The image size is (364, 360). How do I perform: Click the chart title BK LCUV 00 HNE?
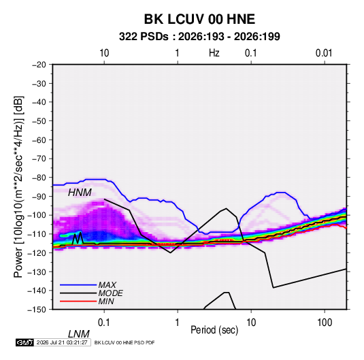[x=199, y=19]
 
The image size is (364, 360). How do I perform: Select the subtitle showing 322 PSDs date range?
[x=199, y=37]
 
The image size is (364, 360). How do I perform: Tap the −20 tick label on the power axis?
[x=39, y=65]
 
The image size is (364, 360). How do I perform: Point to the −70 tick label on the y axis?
[x=39, y=159]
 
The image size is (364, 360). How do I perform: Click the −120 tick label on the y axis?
[x=37, y=252]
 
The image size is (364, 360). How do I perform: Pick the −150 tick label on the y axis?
[x=37, y=310]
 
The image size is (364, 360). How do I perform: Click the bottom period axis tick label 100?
[x=325, y=323]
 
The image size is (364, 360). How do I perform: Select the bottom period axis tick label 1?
[x=178, y=323]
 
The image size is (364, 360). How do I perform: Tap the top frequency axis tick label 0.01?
[x=324, y=53]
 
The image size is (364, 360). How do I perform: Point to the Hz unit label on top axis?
[x=214, y=53]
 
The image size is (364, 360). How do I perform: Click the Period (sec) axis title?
[x=214, y=330]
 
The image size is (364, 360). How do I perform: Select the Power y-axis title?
[x=18, y=187]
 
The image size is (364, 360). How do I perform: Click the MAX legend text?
[x=107, y=285]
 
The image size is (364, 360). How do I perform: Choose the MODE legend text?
[x=110, y=293]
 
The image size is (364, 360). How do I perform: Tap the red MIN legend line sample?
[x=78, y=301]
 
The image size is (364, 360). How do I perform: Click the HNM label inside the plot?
[x=80, y=193]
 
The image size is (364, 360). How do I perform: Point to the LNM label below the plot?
[x=79, y=334]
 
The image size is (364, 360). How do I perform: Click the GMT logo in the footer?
[x=25, y=342]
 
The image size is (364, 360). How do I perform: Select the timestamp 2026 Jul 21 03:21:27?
[x=62, y=342]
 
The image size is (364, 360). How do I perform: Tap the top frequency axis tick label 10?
[x=104, y=53]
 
